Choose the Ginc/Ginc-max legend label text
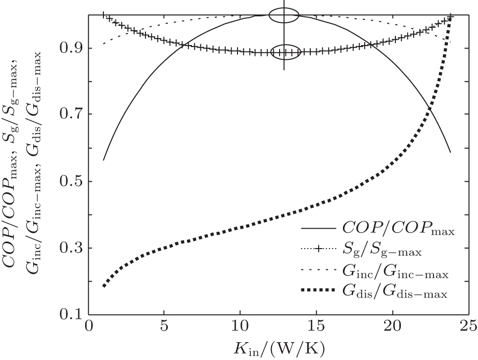tap(394, 273)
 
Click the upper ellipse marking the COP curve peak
tap(284, 16)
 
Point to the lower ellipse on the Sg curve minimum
tap(285, 52)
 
